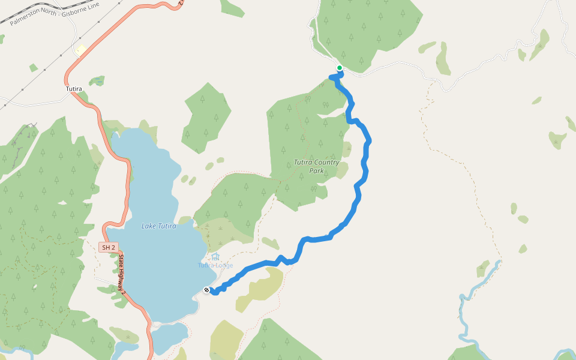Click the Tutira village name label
73,89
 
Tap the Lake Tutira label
158,226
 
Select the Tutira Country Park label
316,166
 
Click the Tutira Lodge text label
215,266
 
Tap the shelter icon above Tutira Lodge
215,257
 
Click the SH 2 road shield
107,247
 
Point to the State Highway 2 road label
121,273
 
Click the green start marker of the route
340,68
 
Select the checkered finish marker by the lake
206,290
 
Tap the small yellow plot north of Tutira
81,50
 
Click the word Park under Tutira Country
316,171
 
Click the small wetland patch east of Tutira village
97,80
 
